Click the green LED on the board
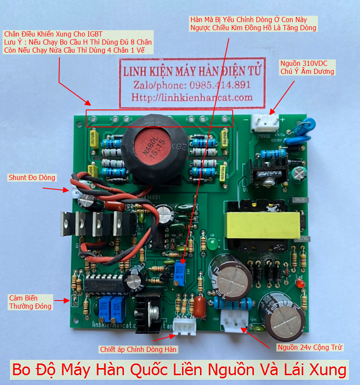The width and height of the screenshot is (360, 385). [x=211, y=244]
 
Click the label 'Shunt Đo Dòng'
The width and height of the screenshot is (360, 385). [x=32, y=177]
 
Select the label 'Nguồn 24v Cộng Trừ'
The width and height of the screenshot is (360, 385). [x=310, y=347]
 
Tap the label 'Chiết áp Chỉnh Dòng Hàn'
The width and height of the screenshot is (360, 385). [x=138, y=349]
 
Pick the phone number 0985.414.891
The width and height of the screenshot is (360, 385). [x=220, y=84]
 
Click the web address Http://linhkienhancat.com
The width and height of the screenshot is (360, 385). [x=192, y=97]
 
